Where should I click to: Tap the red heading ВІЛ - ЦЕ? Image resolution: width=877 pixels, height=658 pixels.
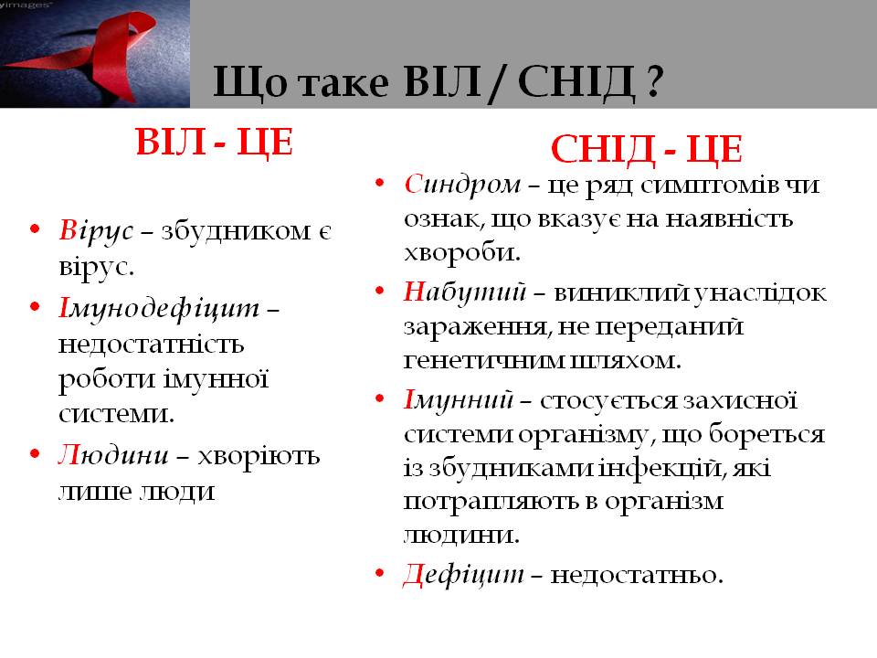tap(214, 143)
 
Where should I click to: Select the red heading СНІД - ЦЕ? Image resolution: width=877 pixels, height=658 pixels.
tap(647, 149)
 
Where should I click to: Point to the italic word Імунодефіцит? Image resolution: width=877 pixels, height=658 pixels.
tap(159, 308)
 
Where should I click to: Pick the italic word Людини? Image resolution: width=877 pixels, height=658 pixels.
tap(113, 455)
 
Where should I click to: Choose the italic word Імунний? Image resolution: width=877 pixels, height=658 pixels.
tap(458, 400)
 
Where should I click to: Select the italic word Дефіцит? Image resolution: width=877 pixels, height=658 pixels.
tap(464, 575)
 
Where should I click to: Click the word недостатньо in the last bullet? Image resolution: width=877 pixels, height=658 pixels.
tap(637, 575)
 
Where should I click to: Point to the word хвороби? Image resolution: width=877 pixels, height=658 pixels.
tap(462, 253)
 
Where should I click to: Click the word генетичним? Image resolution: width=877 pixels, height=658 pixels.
tap(483, 360)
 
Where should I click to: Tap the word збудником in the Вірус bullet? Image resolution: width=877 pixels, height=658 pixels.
tap(236, 231)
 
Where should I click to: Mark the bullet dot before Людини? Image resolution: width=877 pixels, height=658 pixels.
tap(36, 453)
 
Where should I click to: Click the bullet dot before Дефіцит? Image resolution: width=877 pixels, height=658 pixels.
tap(380, 573)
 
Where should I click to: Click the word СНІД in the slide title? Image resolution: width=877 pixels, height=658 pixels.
tap(576, 82)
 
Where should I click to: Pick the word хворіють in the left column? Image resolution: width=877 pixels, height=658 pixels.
tap(259, 457)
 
